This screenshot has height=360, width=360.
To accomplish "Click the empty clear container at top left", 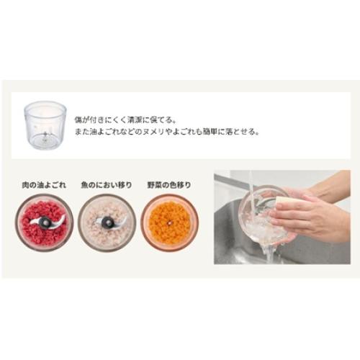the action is (x=45, y=125).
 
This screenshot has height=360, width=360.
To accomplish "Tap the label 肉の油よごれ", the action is (x=44, y=185).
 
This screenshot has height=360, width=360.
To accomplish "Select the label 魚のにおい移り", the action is (x=107, y=185).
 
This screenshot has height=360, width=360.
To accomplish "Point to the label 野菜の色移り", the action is (x=169, y=185).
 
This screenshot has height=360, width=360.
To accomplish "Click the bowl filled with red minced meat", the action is (x=45, y=222).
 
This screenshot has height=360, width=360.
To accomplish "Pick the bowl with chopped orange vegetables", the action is (x=169, y=222).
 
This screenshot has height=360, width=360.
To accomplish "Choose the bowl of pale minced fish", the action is (x=107, y=222).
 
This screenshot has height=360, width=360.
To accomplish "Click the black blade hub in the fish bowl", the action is (x=107, y=222).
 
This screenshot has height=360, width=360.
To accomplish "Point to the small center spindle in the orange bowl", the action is (x=169, y=223).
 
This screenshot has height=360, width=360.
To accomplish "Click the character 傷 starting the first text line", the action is (x=78, y=120).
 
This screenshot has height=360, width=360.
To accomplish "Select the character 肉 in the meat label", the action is (x=25, y=185).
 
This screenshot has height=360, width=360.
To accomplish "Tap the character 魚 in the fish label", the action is (x=84, y=185).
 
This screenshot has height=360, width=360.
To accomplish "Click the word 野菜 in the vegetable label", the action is (x=154, y=185).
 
